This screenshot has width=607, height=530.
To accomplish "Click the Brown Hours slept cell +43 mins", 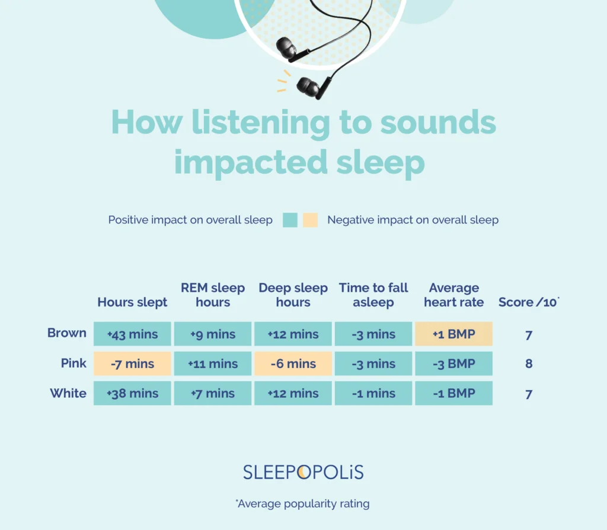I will tap(132, 334).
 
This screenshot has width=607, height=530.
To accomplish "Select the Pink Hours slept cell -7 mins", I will tap(132, 363).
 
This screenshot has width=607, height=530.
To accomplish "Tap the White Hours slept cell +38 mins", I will tap(132, 393).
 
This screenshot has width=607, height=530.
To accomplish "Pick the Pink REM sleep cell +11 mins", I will tap(212, 363).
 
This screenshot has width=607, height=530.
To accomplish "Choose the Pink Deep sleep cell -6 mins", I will tap(293, 363).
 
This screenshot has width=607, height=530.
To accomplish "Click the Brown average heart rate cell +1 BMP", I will tap(453, 334).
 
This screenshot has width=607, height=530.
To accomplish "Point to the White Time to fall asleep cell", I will tap(373, 393).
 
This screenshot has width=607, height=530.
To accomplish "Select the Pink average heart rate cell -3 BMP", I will tap(453, 363).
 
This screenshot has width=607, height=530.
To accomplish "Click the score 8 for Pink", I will tap(529, 363).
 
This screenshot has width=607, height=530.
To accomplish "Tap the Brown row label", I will tap(67, 333).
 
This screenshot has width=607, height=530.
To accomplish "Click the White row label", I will tap(68, 393).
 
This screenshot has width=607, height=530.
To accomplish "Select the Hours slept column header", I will tap(132, 302).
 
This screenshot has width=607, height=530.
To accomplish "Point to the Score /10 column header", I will tap(528, 302).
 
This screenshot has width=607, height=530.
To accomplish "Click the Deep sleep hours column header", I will tap(293, 295).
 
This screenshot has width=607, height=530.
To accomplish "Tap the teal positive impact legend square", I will tap(290, 220).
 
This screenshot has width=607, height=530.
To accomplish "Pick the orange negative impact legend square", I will tap(310, 220).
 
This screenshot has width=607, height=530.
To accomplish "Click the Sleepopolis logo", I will tap(303, 472).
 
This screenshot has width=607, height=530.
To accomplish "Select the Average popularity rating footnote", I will tap(302, 504).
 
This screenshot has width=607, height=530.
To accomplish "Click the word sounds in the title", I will tap(438, 123).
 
